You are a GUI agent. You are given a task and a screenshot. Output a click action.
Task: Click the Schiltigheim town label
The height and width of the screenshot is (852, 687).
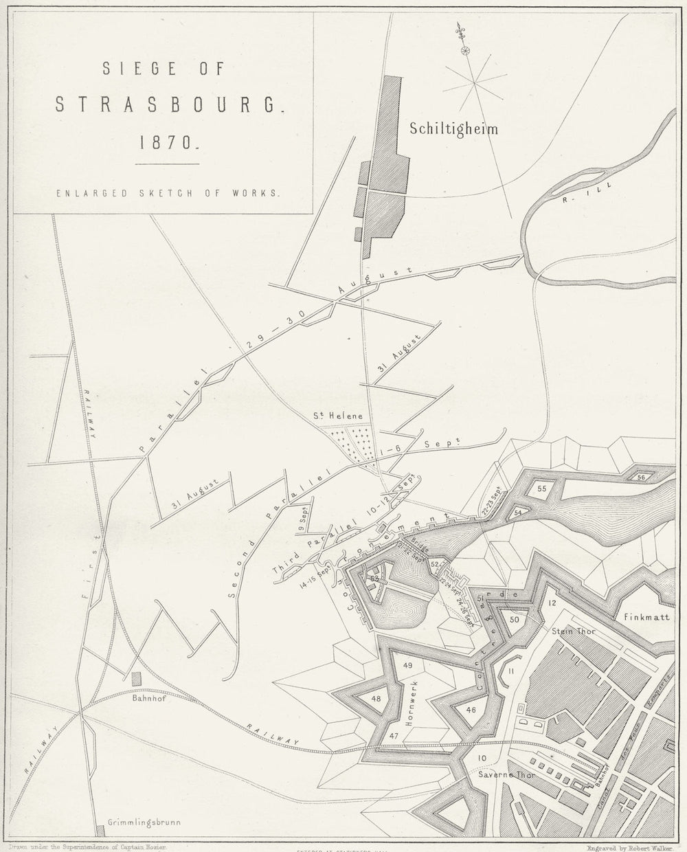(453, 128)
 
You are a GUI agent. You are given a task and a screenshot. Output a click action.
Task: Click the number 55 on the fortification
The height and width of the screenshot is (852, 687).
(541, 489)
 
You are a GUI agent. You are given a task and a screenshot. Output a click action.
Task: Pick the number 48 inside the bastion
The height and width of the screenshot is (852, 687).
(376, 699)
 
